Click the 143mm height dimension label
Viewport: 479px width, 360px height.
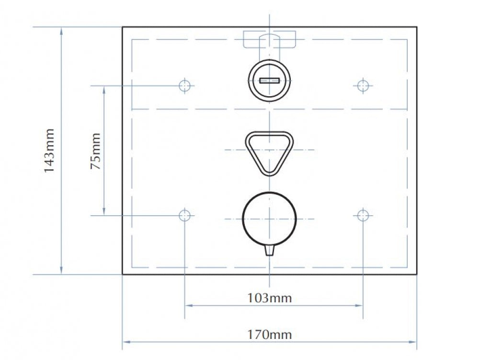tap(49, 150)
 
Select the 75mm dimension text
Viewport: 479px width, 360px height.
tap(95, 151)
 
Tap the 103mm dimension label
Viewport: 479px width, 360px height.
tap(269, 298)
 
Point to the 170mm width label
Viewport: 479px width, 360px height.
tap(269, 335)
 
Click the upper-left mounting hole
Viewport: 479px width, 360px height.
tap(184, 86)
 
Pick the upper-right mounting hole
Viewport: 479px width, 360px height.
tap(363, 86)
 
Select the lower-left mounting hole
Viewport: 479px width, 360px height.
tap(184, 215)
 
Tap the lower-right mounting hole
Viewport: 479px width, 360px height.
tap(363, 215)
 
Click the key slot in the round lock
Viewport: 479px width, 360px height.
tap(269, 80)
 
